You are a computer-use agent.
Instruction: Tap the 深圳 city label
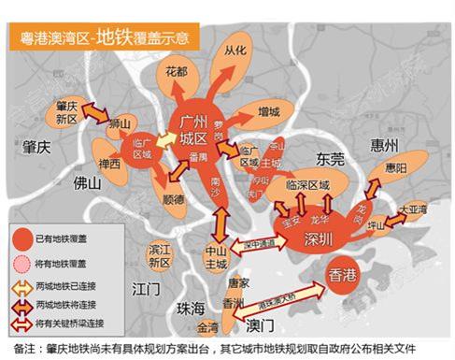click(317, 239)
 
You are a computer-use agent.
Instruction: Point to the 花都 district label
click(176, 70)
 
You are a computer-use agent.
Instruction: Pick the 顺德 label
click(174, 199)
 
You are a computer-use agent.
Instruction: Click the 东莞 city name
click(331, 159)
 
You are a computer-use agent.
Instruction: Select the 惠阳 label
click(395, 169)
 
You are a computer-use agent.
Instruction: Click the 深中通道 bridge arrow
click(257, 244)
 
